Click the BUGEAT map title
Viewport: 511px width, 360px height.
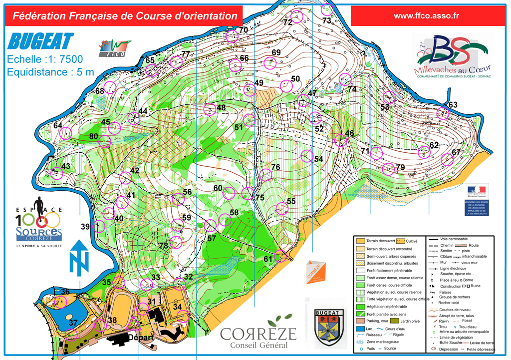(x=41, y=41)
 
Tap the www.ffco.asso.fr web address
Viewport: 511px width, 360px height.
(x=426, y=15)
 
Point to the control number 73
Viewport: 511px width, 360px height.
(x=327, y=20)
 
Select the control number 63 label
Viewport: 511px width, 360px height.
(x=453, y=105)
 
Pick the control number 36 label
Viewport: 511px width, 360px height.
(x=65, y=292)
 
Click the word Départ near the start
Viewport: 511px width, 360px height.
(x=139, y=337)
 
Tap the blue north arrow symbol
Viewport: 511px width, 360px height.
(x=78, y=257)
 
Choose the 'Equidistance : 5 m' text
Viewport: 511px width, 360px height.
(x=50, y=72)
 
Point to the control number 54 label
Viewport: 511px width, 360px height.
(x=319, y=159)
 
